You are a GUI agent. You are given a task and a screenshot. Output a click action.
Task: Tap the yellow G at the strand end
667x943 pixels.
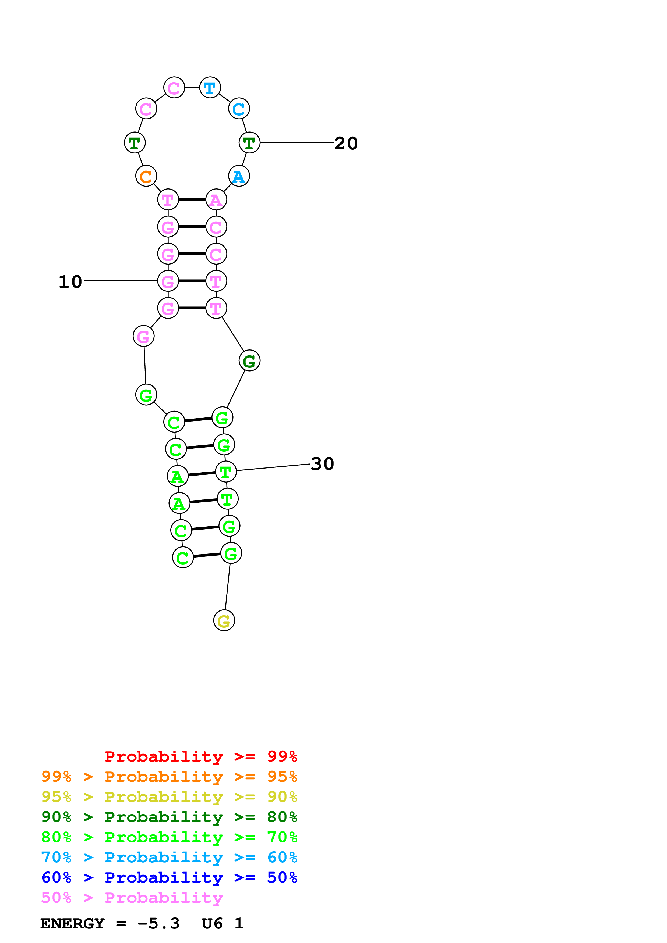click(x=224, y=621)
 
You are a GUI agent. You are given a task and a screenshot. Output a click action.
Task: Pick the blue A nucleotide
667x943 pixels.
click(x=239, y=176)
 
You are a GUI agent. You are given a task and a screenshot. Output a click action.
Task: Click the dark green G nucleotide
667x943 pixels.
click(x=249, y=360)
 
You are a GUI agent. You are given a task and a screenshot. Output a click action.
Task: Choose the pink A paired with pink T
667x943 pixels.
click(x=216, y=200)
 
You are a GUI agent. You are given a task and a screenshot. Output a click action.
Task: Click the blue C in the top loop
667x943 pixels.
click(x=239, y=109)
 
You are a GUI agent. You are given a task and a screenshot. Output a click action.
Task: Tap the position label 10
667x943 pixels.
click(x=70, y=282)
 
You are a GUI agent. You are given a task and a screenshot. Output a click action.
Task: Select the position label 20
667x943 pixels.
click(x=346, y=143)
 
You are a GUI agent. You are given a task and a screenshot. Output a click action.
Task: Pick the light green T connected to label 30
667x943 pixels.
click(x=226, y=472)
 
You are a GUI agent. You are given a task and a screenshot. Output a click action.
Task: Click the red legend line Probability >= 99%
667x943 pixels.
click(x=200, y=756)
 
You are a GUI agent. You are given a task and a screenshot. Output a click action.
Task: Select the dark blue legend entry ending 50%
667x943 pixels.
click(x=169, y=877)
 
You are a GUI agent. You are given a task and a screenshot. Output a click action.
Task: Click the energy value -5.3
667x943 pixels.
click(x=159, y=923)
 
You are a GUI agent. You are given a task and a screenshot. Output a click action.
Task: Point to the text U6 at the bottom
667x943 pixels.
click(x=212, y=923)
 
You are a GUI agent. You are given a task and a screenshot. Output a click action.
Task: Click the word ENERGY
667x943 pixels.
click(x=72, y=923)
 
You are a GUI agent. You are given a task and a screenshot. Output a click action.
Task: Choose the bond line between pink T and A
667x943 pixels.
click(x=192, y=200)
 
